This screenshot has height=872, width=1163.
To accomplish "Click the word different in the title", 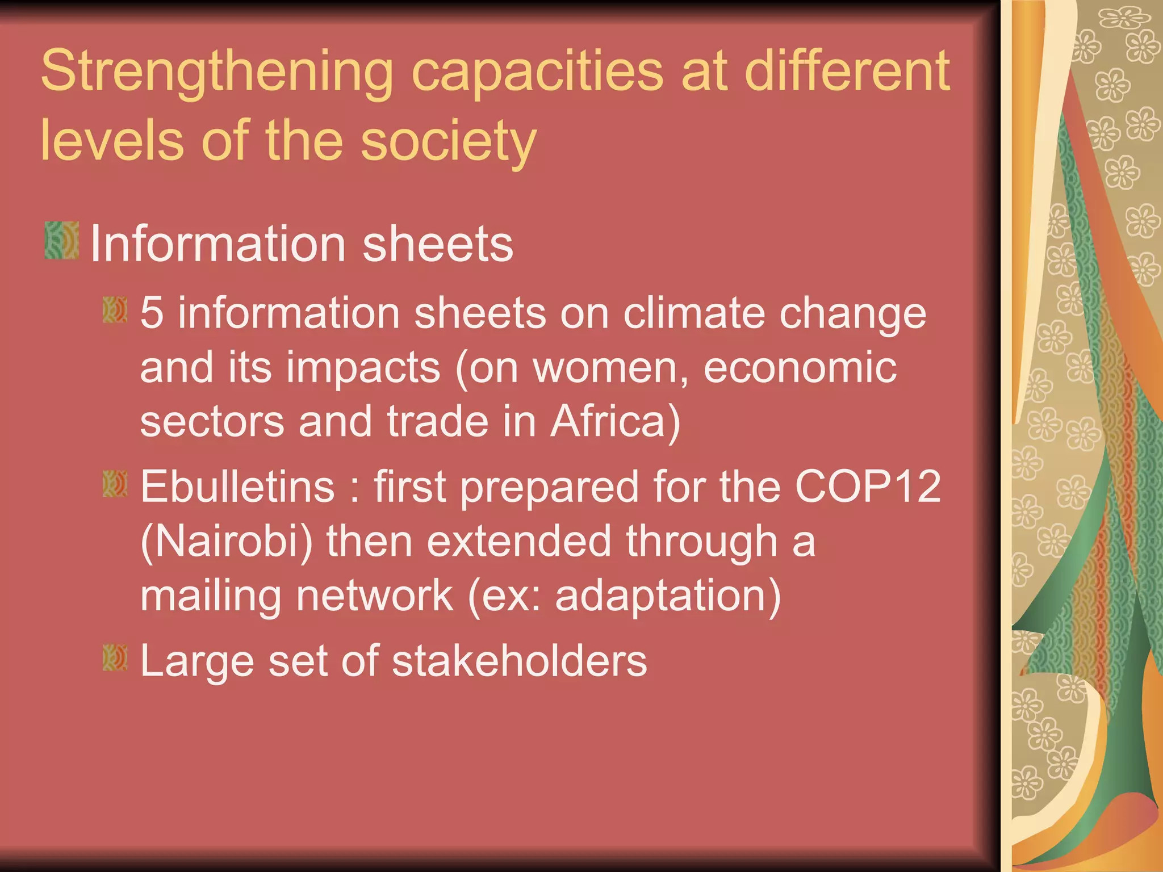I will click(x=847, y=71).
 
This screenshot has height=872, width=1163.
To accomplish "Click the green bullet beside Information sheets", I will click(x=62, y=241).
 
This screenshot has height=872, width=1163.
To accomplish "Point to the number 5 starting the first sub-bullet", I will click(x=152, y=313).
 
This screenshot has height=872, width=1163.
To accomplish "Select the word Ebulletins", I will click(x=237, y=487).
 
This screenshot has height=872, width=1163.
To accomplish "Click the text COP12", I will click(x=867, y=487).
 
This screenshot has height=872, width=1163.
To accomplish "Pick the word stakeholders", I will click(x=519, y=661).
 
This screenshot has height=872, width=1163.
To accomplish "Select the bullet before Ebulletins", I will click(x=115, y=483).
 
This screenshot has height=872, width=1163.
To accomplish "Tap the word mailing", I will click(x=211, y=597).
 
